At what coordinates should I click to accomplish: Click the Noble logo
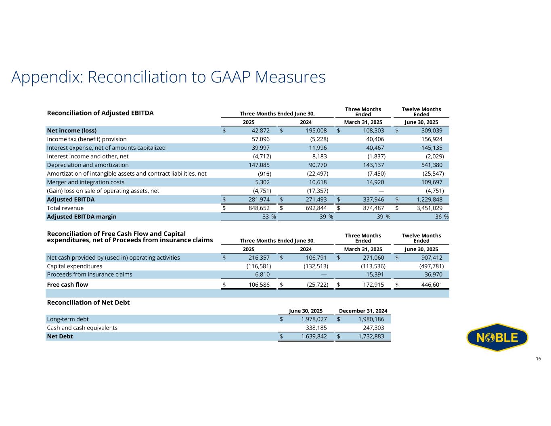click(497, 337)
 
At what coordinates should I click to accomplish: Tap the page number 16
click(538, 359)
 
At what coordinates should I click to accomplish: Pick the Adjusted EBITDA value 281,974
click(259, 199)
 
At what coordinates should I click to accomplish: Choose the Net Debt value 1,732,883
click(369, 336)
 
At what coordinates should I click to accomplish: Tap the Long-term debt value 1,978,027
click(311, 319)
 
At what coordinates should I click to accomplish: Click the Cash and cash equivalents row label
click(82, 327)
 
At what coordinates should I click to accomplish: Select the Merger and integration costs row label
click(86, 182)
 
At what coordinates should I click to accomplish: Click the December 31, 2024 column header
click(363, 311)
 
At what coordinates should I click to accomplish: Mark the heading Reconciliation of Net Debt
click(88, 302)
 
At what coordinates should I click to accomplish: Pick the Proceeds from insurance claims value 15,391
click(373, 275)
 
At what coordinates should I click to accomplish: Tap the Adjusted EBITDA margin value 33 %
click(266, 216)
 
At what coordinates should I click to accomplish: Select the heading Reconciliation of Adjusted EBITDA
click(101, 113)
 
